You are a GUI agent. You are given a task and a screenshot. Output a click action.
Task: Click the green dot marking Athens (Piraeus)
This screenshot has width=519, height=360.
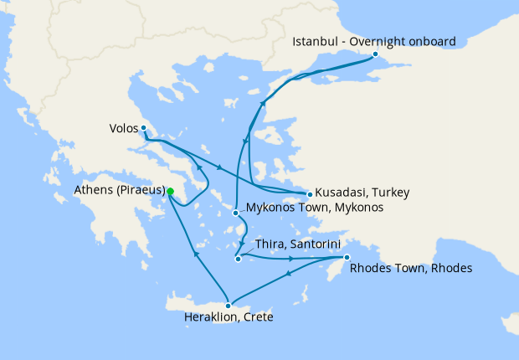coord(170,192)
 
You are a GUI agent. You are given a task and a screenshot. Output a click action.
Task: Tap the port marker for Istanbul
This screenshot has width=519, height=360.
coord(375,54)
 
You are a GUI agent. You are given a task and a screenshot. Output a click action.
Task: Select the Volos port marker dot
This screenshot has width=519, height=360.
coord(144,128)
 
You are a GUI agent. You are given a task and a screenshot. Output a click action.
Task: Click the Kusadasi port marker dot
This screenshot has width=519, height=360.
coord(310,194)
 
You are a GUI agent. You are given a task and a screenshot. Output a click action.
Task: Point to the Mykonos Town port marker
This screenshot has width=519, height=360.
coord(236,213)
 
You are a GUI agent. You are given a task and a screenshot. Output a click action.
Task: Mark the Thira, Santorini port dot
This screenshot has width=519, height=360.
coord(238,259)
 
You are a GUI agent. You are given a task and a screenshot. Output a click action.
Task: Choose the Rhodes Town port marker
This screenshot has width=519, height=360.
coord(347,258)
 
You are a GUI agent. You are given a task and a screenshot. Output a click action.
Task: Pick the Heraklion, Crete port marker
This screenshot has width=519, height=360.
coord(228,306)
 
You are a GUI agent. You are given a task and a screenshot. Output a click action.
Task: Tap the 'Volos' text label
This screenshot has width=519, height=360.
coord(124,129)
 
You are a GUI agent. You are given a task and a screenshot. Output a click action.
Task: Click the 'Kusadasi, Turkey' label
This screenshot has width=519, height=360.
coord(362,193)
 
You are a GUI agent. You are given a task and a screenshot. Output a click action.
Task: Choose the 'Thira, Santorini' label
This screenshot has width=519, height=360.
coord(292,244)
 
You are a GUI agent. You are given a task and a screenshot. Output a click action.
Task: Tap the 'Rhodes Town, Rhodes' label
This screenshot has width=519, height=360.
coord(411,269)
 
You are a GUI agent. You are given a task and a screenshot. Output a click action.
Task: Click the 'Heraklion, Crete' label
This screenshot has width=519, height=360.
coord(229,318)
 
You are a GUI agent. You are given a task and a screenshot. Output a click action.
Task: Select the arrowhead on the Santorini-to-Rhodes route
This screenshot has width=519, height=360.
coord(291,259)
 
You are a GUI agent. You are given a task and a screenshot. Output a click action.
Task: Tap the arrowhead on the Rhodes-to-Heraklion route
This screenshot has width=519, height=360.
coord(299,276)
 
